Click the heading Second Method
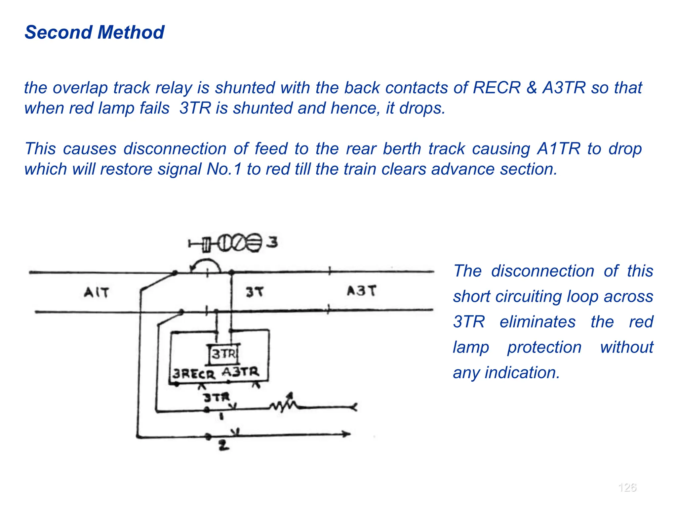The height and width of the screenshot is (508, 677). [94, 32]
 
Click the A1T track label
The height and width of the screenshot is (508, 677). [96, 292]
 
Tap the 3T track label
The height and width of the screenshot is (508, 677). [255, 292]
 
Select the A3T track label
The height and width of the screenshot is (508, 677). [361, 291]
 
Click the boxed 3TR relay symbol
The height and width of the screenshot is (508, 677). [224, 354]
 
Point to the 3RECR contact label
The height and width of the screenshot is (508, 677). [194, 374]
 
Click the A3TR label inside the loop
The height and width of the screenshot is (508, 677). [240, 372]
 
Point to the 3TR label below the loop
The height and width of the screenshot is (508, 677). [216, 397]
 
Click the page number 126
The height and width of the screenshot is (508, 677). [627, 487]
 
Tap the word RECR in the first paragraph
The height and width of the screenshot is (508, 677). [497, 88]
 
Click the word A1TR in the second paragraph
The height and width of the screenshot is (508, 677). [558, 148]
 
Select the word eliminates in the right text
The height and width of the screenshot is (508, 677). [538, 322]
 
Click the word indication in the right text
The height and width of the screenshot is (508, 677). [522, 373]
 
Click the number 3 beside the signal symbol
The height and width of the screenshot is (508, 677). [272, 242]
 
